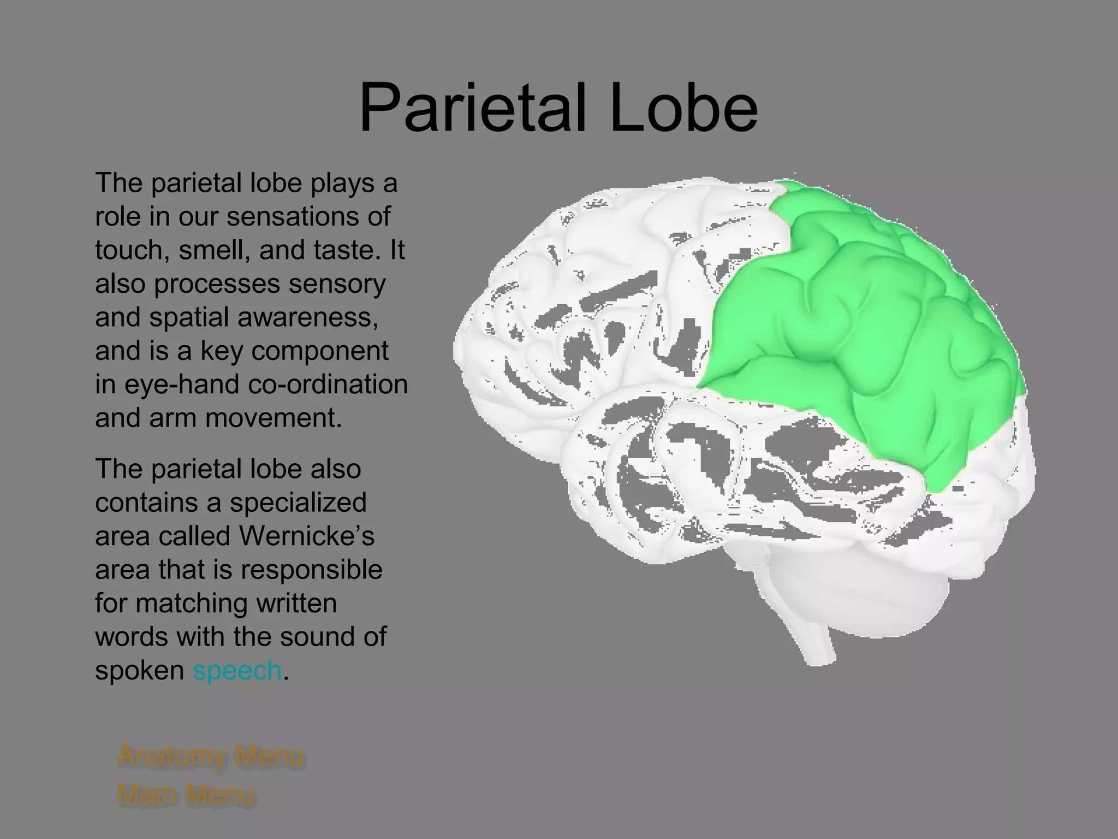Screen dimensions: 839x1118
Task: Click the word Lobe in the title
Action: click(684, 108)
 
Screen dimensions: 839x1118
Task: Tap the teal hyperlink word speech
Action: click(237, 670)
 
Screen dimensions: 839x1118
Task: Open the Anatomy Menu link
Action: click(210, 756)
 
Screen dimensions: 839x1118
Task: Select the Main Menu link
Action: click(186, 794)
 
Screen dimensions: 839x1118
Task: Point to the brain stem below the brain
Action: click(813, 639)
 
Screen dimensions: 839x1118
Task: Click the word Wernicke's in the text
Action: click(306, 536)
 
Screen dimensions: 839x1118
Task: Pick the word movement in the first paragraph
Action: click(273, 418)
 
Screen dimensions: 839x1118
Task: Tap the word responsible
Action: click(312, 570)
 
